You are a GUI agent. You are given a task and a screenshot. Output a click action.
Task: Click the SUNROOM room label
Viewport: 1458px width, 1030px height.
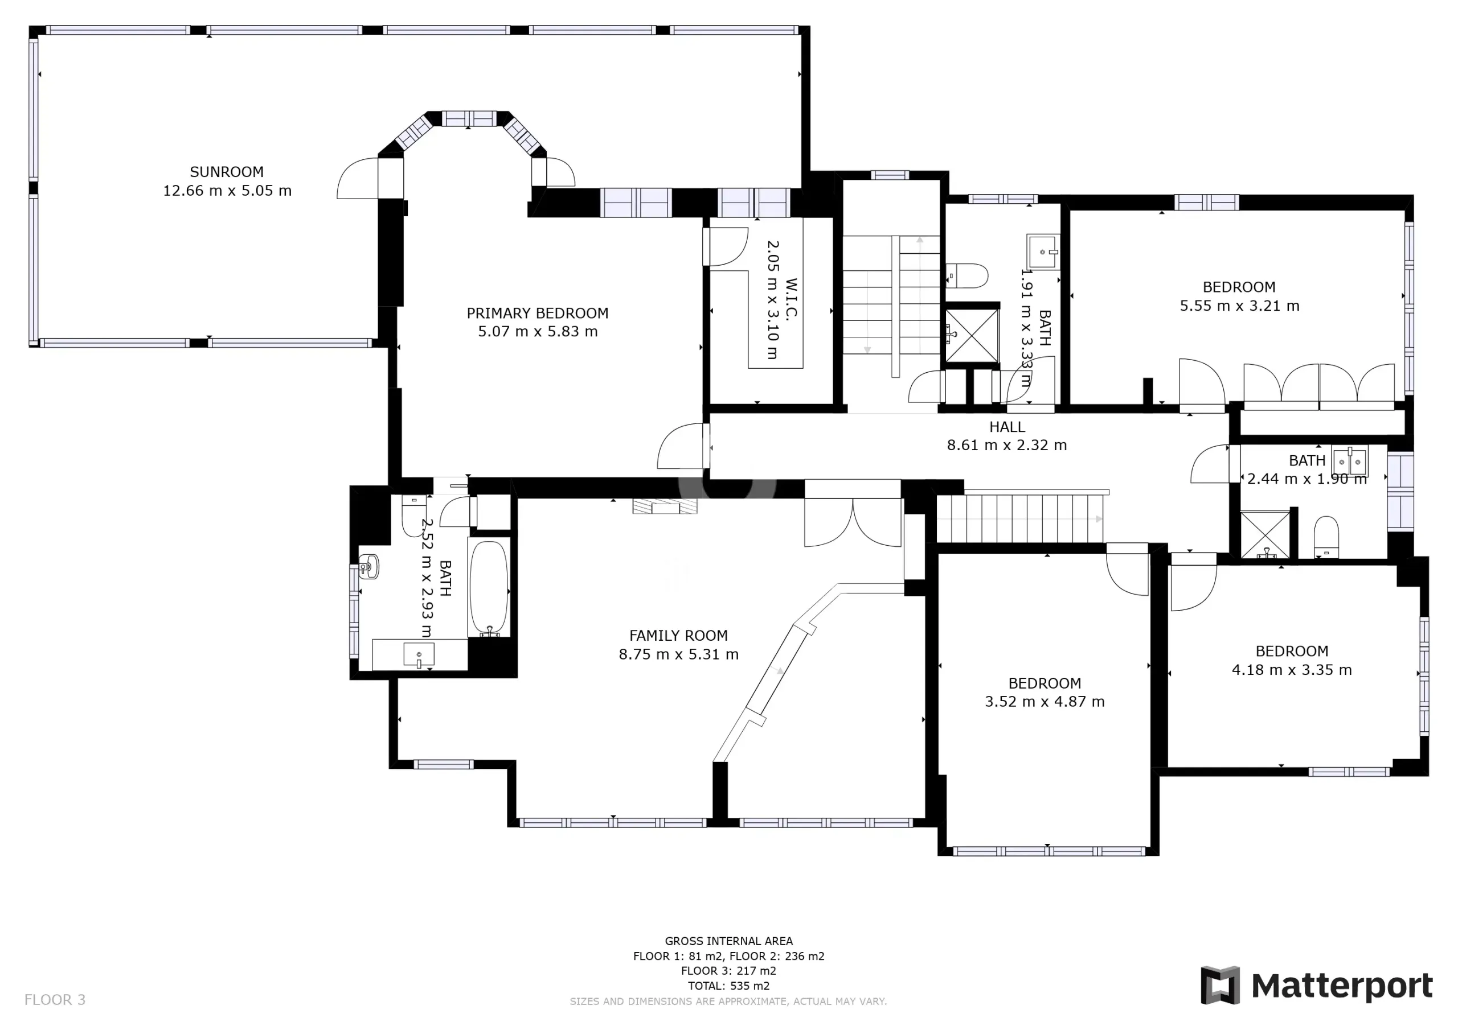tap(227, 172)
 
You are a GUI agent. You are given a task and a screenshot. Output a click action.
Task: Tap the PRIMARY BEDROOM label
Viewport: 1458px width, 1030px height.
tap(538, 313)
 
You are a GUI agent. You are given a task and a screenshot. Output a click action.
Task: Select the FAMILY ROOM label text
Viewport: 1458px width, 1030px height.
tap(678, 635)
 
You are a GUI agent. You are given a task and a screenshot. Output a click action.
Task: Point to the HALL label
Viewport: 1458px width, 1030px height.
tap(1007, 427)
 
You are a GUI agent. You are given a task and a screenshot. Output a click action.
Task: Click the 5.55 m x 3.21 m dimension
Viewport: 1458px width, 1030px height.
tap(1239, 306)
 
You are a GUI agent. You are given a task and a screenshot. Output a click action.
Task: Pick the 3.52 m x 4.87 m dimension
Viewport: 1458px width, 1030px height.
tap(1045, 701)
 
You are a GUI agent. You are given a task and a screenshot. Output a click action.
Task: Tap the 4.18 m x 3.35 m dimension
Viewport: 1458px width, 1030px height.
tap(1292, 670)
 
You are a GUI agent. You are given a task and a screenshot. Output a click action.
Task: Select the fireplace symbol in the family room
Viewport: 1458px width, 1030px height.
tap(665, 506)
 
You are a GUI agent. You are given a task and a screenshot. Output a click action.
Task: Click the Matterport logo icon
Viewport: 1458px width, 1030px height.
tap(1220, 985)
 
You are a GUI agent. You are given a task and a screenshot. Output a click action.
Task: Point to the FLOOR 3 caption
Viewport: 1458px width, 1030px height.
tap(55, 1000)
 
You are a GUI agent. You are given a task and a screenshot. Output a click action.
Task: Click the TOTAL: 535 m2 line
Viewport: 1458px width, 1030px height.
tap(729, 986)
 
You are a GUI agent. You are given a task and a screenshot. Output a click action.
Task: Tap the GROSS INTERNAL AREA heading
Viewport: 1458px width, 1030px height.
tap(729, 941)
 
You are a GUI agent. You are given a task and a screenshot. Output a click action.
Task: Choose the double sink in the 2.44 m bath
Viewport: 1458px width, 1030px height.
tap(1349, 462)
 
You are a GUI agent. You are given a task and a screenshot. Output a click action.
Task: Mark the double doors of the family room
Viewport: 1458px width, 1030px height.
tap(853, 522)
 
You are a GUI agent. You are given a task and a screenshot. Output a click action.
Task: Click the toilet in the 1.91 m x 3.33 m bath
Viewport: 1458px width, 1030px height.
tap(967, 276)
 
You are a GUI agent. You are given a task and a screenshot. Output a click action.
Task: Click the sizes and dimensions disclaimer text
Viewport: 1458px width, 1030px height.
tap(728, 1002)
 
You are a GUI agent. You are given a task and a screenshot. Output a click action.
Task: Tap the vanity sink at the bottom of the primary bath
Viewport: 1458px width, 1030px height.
tap(419, 655)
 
